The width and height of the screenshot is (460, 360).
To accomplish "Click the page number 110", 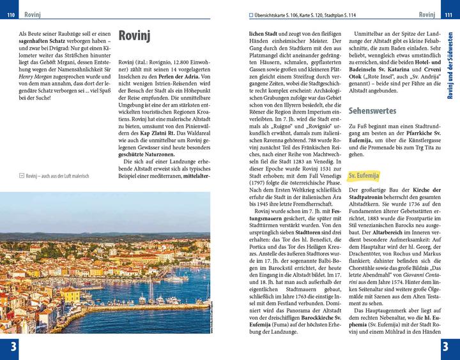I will tap(10, 15).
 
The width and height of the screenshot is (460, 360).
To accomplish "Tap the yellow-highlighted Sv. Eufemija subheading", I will tap(364, 174).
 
